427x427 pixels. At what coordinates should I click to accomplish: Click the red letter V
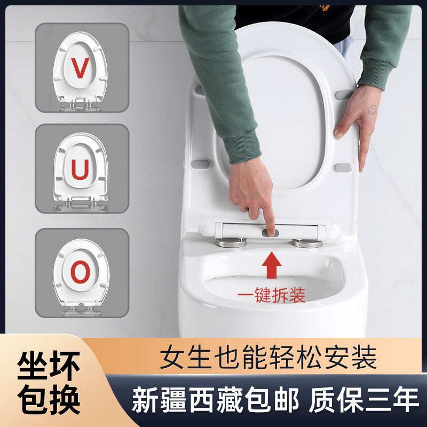[81, 69]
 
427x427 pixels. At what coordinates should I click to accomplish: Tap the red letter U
[81, 169]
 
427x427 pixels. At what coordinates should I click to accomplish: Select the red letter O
[81, 273]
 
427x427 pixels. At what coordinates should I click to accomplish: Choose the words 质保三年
[364, 400]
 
